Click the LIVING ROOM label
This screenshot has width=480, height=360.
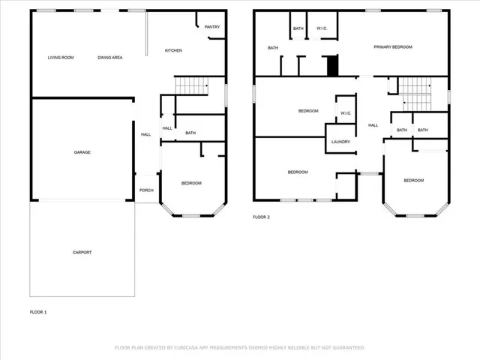[60, 57]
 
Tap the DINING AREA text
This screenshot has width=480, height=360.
[110, 57]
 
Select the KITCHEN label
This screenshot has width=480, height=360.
[173, 50]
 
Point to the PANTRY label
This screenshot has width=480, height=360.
[212, 27]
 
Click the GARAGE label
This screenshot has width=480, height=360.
[82, 152]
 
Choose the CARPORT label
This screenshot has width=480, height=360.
[82, 252]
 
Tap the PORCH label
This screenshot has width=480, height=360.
[146, 190]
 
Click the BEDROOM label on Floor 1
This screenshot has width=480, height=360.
[191, 183]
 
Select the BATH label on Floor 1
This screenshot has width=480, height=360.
[190, 133]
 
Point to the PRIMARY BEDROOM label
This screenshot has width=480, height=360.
[393, 46]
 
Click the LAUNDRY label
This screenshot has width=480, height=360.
[341, 141]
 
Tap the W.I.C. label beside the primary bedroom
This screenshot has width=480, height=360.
[322, 28]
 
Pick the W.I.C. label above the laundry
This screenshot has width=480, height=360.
[346, 113]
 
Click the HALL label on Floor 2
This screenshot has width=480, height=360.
[372, 125]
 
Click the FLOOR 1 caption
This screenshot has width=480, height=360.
[38, 311]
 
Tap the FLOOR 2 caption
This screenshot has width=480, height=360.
[261, 217]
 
